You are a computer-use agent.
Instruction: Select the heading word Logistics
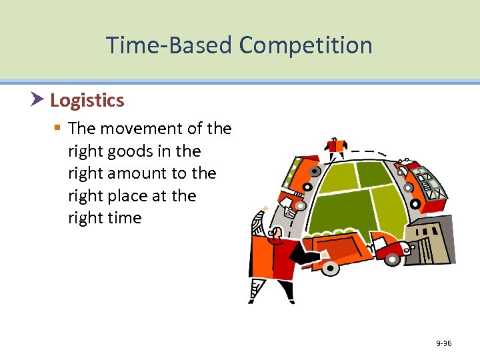pos(87,101)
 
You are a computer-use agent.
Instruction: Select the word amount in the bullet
pos(140,173)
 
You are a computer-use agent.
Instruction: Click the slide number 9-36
pos(443,343)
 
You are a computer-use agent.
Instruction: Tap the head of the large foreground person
pos(274,234)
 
